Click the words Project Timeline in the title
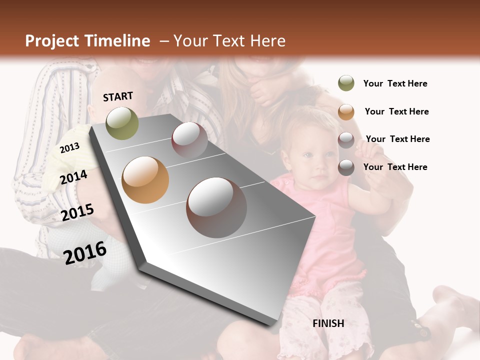tap(87, 41)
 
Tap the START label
tap(118, 96)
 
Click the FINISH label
tap(328, 323)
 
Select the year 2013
tap(69, 148)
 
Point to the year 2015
tap(77, 212)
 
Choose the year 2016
tap(85, 252)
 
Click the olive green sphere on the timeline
tap(122, 123)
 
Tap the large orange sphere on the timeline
tap(145, 180)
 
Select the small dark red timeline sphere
tap(189, 139)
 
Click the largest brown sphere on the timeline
tap(216, 207)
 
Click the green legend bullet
tap(346, 83)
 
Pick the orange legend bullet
tap(346, 112)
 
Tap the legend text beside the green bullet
tap(395, 83)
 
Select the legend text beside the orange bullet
tap(396, 111)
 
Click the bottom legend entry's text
tap(395, 167)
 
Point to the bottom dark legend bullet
tap(346, 167)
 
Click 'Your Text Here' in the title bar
tap(229, 41)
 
